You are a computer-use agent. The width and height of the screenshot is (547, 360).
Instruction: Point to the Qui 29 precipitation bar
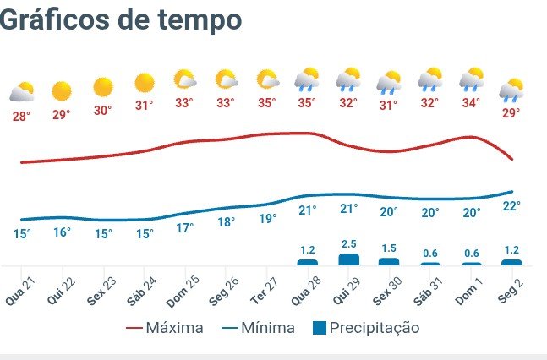click(x=348, y=259)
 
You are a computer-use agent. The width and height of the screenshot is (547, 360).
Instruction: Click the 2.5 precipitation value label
click(x=348, y=244)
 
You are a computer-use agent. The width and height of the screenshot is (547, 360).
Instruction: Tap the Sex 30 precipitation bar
click(x=389, y=261)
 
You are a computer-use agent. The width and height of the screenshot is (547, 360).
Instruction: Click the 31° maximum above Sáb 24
click(x=144, y=106)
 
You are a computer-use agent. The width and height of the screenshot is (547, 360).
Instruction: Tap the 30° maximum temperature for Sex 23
click(x=102, y=110)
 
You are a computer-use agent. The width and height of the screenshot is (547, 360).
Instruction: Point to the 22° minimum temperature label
click(x=512, y=206)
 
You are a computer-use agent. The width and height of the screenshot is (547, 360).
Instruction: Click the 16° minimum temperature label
click(x=62, y=232)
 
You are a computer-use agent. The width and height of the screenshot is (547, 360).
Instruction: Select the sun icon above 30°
click(x=103, y=86)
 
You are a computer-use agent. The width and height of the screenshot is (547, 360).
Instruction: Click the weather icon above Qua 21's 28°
click(x=21, y=91)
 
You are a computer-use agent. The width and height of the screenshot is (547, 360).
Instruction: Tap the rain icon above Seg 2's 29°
click(x=511, y=89)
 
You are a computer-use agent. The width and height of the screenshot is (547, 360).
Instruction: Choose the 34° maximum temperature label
click(x=471, y=103)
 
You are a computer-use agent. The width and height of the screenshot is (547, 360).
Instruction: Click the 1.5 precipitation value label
click(x=389, y=248)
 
